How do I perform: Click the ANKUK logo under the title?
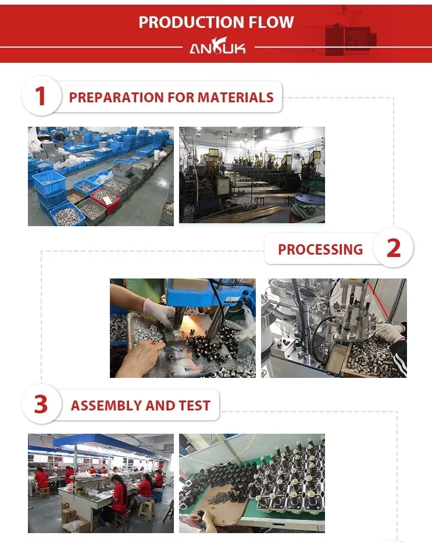[217, 47]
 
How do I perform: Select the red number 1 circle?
[41, 96]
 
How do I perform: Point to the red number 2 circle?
[394, 248]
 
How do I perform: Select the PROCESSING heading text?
[320, 249]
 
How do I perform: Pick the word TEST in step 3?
[195, 405]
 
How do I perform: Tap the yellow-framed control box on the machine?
[223, 185]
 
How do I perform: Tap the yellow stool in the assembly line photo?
[147, 510]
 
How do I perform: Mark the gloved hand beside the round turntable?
[390, 333]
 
